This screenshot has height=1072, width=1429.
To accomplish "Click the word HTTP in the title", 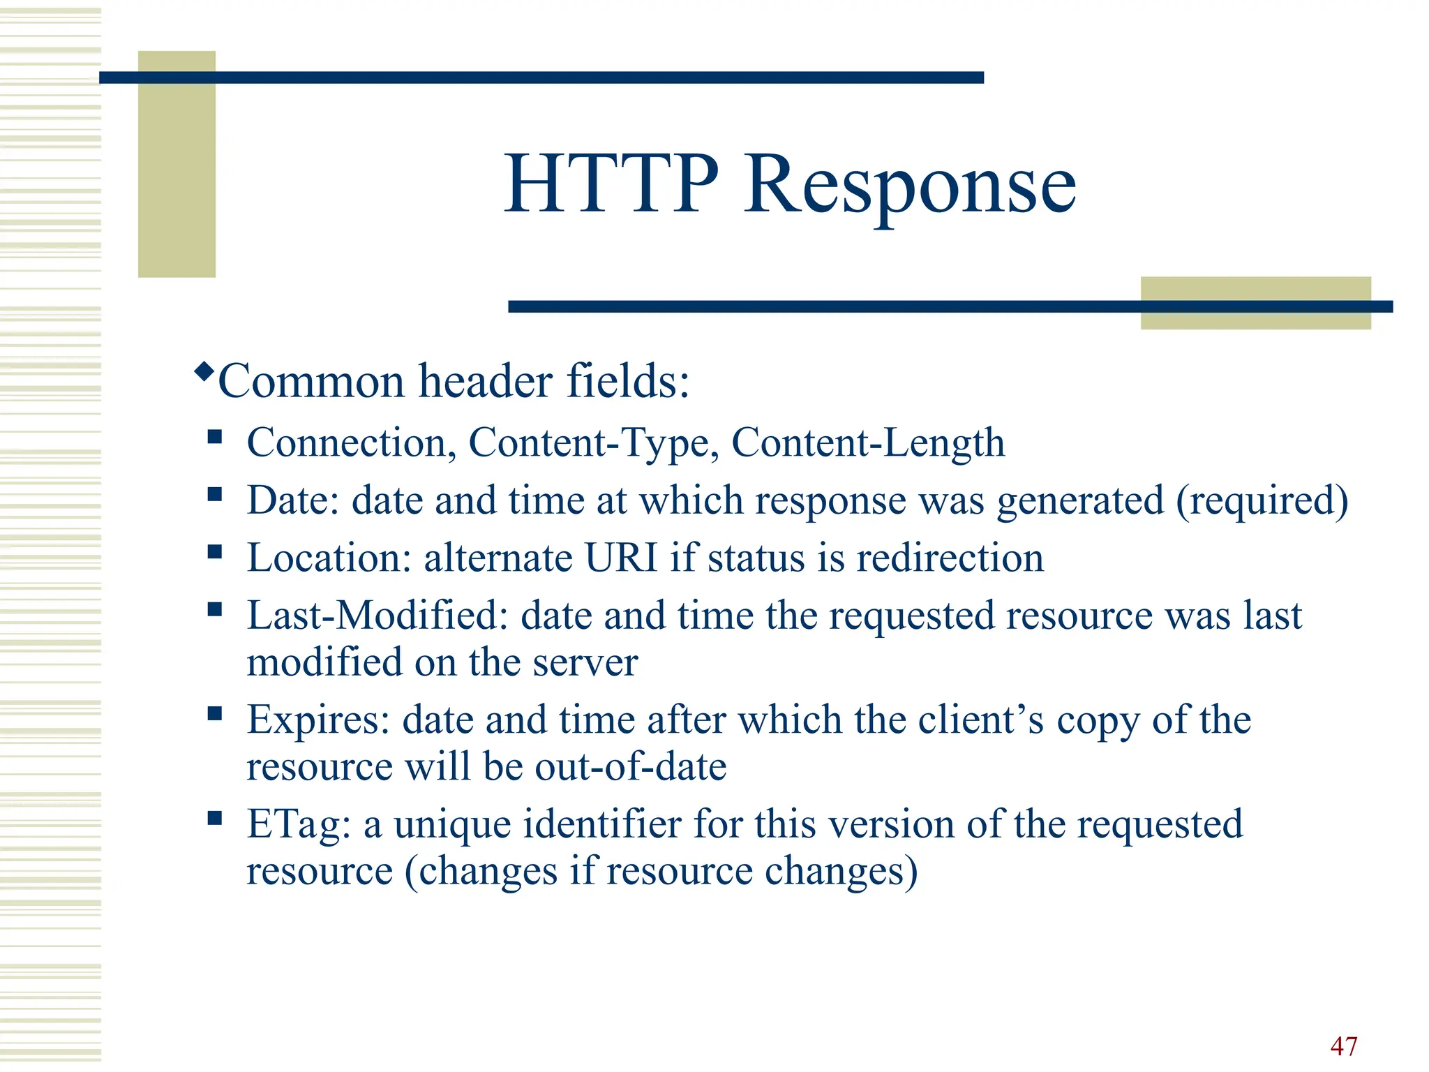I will pyautogui.click(x=611, y=184).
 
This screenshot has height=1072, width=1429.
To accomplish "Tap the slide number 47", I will pyautogui.click(x=1343, y=1046).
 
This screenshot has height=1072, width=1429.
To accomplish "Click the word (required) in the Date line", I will pyautogui.click(x=1262, y=501).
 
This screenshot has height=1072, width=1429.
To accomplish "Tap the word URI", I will pyautogui.click(x=620, y=558).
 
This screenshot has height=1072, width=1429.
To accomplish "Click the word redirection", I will pyautogui.click(x=950, y=558).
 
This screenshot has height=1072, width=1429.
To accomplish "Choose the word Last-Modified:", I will pyautogui.click(x=377, y=616).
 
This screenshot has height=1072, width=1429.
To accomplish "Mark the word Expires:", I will pyautogui.click(x=318, y=720).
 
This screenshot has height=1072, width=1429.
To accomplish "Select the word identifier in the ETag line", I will pyautogui.click(x=601, y=824).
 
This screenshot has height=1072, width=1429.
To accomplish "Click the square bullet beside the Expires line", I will pyautogui.click(x=214, y=713).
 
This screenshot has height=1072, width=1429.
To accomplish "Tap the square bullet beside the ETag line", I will pyautogui.click(x=214, y=817).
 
